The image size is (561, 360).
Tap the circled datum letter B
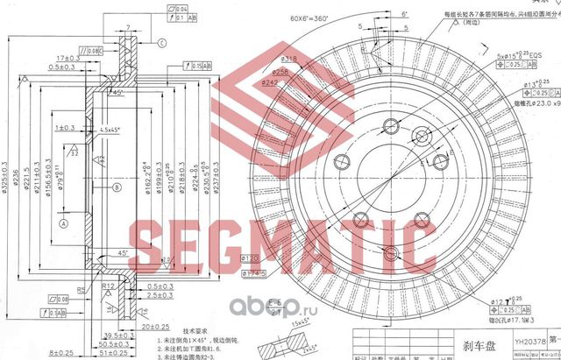pos(116,187)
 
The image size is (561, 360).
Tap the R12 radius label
pos(110,285)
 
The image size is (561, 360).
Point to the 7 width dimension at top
pos(127,27)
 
